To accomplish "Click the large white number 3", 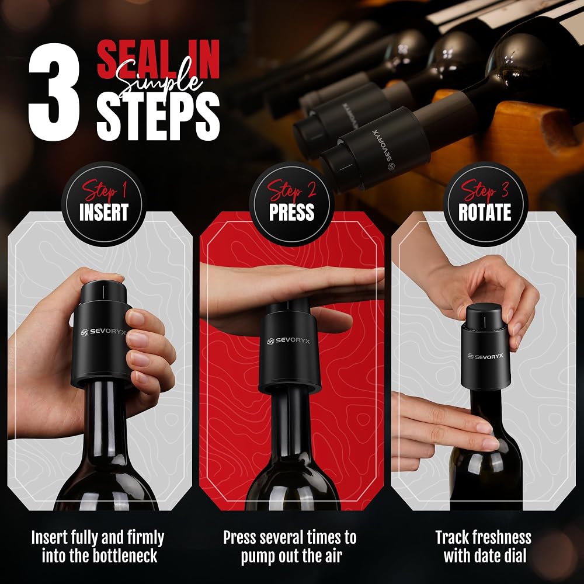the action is (54, 92).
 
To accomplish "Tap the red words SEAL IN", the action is (158, 60).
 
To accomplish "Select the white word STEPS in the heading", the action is (158, 116).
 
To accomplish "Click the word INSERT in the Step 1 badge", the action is (104, 212).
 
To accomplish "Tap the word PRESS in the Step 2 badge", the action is (291, 212).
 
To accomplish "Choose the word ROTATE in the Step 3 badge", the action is (485, 212).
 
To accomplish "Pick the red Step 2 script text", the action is (291, 191).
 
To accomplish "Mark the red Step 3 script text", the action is (485, 191).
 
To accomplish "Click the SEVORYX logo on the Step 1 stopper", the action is (103, 332).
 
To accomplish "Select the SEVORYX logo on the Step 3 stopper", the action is (485, 356).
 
